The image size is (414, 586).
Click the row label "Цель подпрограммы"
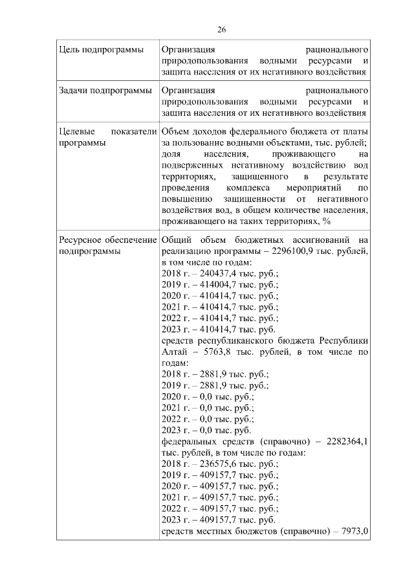[x=101, y=49]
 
